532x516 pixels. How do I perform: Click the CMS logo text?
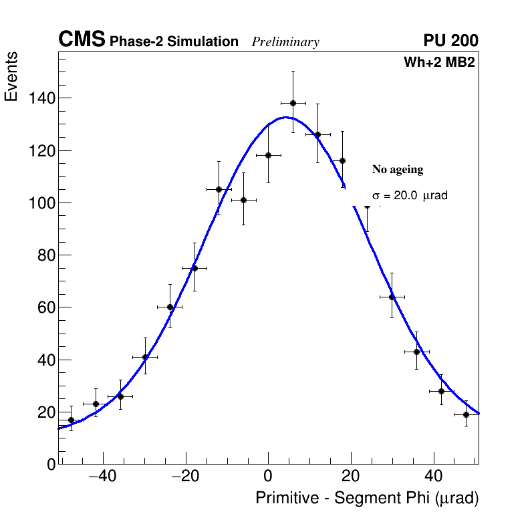click(82, 40)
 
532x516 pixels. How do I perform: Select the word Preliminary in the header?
click(285, 42)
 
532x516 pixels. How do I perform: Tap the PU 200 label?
click(450, 41)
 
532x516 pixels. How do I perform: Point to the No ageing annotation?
click(398, 170)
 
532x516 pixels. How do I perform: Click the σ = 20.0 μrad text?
click(409, 196)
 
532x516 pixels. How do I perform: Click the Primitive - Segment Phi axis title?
click(367, 498)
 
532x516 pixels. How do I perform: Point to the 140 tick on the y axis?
click(41, 98)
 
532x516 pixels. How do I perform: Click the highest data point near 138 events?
click(293, 103)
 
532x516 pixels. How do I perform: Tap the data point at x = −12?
click(219, 189)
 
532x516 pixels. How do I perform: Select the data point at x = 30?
click(392, 297)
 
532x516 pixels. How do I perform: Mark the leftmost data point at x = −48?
click(71, 420)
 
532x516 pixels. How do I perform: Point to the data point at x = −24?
click(170, 307)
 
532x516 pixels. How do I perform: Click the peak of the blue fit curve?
click(285, 117)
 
